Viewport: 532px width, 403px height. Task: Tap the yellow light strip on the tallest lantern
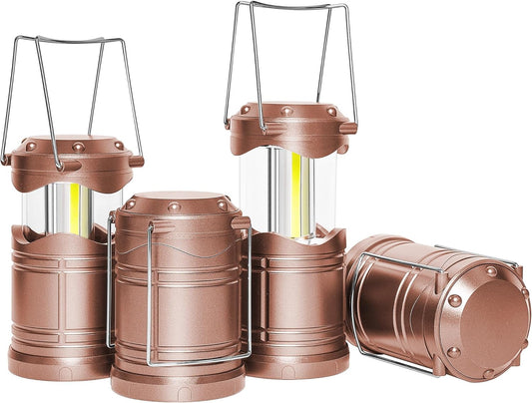[297, 196]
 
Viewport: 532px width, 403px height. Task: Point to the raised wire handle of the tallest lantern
[290, 8]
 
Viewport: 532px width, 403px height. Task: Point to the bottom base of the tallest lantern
[299, 362]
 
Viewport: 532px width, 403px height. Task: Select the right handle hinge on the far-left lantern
[137, 160]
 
